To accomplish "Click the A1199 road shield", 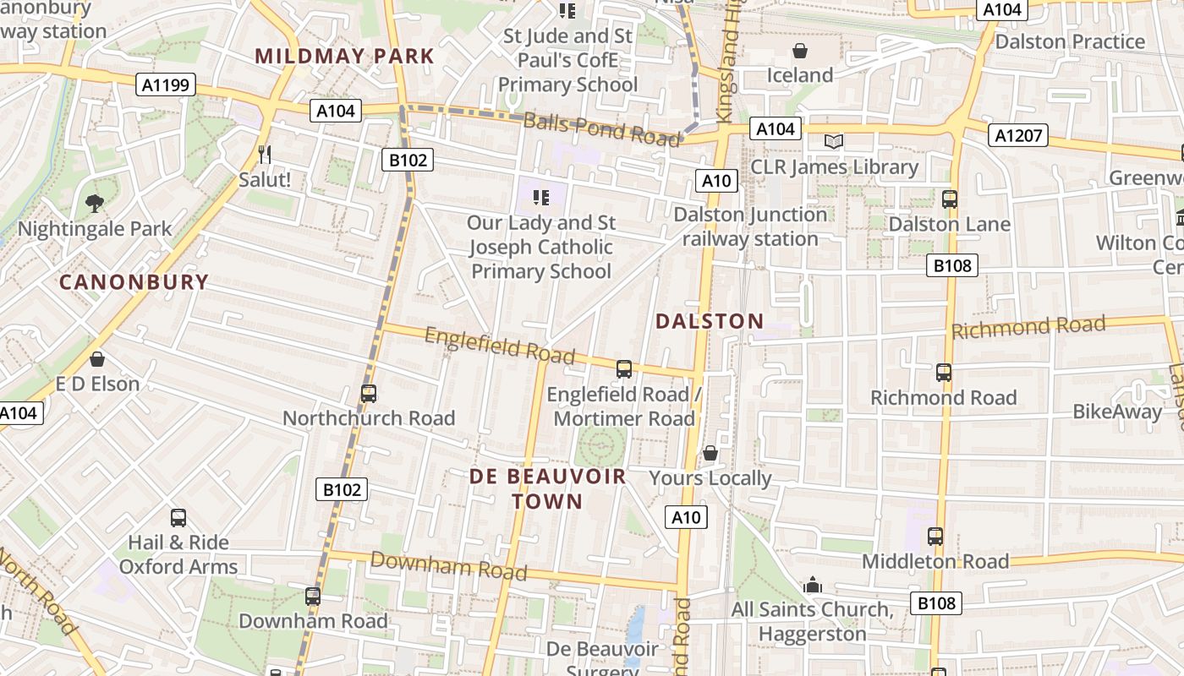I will click(166, 84).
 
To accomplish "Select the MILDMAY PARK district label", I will click(344, 57).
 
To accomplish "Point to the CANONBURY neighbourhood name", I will click(134, 282).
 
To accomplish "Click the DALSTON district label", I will click(710, 321).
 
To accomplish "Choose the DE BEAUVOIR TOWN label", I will click(548, 488).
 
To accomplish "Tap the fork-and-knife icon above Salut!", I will click(265, 154).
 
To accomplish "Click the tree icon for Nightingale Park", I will click(94, 203).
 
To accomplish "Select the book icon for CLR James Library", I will click(834, 141).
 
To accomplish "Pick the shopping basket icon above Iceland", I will click(799, 51).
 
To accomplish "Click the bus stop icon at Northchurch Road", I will click(368, 393).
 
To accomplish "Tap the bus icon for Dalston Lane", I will click(949, 199).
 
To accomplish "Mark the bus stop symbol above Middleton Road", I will click(935, 536).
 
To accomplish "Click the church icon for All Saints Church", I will click(813, 585).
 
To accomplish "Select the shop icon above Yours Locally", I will click(710, 453).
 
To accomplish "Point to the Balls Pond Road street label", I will click(601, 129).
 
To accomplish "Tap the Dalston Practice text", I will click(1070, 41).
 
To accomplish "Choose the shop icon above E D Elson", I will click(97, 359).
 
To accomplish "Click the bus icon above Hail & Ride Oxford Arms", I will click(178, 517).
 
